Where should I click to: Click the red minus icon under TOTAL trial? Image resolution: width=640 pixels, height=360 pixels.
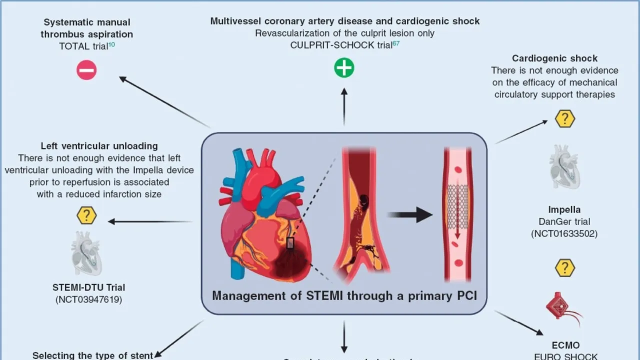[x=86, y=70]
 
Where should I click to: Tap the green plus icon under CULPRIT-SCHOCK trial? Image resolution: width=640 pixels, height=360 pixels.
[x=344, y=67]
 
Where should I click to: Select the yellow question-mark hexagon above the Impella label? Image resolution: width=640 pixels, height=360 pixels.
[x=565, y=118]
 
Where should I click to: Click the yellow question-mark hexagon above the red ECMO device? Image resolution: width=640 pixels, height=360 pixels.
[x=565, y=267]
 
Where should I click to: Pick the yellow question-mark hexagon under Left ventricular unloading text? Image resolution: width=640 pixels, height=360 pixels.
[x=86, y=215]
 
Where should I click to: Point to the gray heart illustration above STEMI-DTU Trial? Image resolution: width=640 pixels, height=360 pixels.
[x=86, y=253]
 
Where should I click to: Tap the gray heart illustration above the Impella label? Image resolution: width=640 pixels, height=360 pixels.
[x=564, y=167]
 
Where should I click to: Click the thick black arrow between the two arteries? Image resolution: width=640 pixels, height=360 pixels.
[x=409, y=214]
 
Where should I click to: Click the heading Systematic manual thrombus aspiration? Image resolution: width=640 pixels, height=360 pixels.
[x=87, y=28]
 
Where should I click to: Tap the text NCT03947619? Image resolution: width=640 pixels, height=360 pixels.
[x=89, y=299]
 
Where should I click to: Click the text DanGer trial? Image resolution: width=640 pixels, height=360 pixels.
[x=564, y=221]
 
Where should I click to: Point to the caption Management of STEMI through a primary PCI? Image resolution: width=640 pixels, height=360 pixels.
[x=344, y=295]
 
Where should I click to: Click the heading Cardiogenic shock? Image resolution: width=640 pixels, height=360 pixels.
[x=554, y=58]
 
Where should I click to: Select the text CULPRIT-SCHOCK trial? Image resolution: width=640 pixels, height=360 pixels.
[x=342, y=45]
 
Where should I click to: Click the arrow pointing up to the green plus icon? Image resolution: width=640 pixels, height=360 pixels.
[x=344, y=105]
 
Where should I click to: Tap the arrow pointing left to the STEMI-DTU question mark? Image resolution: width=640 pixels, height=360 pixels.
[x=150, y=221]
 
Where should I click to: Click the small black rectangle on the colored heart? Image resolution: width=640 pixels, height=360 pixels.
[x=290, y=243]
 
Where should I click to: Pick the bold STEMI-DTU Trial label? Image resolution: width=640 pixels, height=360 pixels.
[x=89, y=287]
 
